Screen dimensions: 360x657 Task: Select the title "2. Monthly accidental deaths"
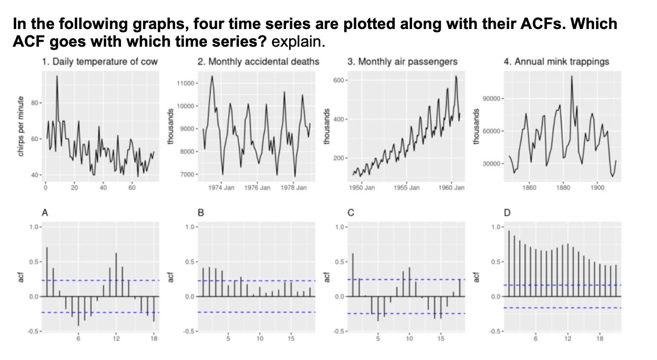(258, 61)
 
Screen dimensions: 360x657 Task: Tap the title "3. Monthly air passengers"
(402, 61)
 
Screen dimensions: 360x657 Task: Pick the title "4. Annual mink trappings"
(556, 61)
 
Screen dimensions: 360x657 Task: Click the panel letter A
(45, 213)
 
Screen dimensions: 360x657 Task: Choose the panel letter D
(507, 213)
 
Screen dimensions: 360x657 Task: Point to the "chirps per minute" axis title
(21, 126)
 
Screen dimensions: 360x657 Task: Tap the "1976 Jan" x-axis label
(257, 188)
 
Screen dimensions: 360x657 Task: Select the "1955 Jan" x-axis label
(407, 188)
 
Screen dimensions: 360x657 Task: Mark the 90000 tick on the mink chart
(492, 99)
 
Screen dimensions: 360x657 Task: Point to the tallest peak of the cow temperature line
(57, 76)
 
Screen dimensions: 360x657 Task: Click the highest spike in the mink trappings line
(572, 76)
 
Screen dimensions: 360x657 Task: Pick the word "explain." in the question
(298, 41)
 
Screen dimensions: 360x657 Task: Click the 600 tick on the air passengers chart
(338, 80)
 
